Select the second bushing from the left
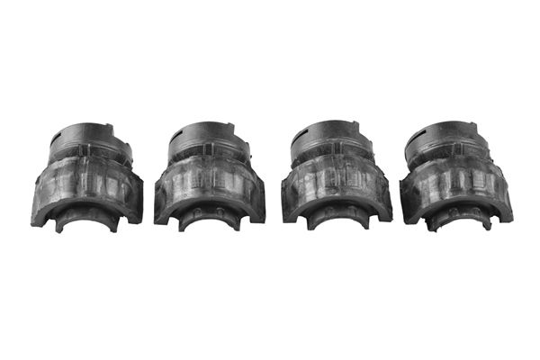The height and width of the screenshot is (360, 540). click(x=210, y=176)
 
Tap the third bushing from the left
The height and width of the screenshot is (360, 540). click(x=336, y=176)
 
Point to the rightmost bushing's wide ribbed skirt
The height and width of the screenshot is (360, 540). click(x=457, y=186)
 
